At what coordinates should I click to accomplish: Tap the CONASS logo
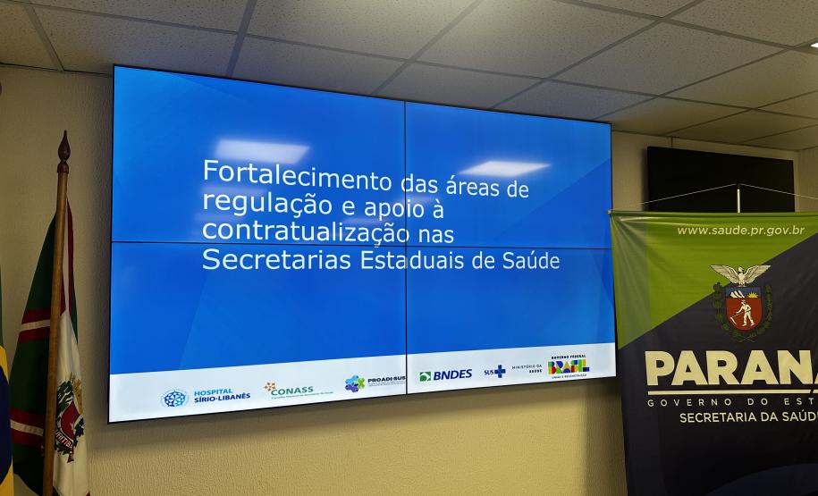tap(288, 389)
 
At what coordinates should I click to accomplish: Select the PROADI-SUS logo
tap(375, 383)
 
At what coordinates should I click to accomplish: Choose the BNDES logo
tap(445, 375)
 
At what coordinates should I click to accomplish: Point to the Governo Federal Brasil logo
tap(569, 366)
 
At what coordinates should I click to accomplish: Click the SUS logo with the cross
tap(494, 372)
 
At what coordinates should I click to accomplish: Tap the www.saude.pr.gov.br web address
tap(740, 231)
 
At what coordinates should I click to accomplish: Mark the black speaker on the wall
tap(720, 179)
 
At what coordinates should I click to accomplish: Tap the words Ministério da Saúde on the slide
tap(527, 369)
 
